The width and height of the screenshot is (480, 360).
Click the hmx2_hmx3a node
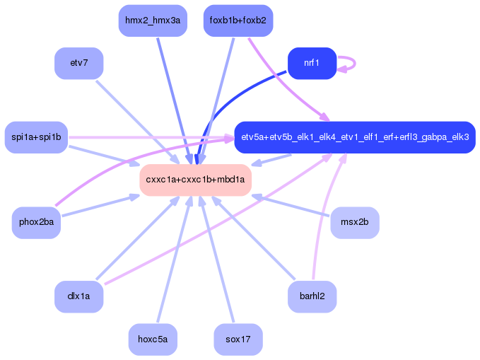[x=153, y=21]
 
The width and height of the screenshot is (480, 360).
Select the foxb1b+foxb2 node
[x=238, y=21]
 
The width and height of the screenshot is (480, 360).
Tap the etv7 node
[x=79, y=63]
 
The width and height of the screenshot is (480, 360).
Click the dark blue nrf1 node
[x=312, y=63]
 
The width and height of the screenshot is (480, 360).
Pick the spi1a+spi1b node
[x=36, y=137]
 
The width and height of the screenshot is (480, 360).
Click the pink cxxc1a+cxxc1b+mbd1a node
[x=195, y=180]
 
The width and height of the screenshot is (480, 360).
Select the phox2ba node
[x=36, y=222]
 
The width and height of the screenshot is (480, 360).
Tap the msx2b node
[x=355, y=222]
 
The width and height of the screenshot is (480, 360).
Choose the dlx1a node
[x=79, y=296]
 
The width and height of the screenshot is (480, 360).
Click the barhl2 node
[x=312, y=296]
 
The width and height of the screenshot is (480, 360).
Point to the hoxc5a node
[x=153, y=339]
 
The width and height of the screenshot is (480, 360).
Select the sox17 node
[x=238, y=339]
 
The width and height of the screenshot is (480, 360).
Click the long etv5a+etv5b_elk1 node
[x=355, y=137]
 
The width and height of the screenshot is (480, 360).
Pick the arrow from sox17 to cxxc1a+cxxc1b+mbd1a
[x=217, y=260]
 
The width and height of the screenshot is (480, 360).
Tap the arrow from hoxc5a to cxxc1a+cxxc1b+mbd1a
[x=175, y=260]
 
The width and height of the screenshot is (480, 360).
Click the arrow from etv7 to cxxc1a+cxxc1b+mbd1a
[x=138, y=122]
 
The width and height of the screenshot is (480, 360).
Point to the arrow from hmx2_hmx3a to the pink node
[x=175, y=101]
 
